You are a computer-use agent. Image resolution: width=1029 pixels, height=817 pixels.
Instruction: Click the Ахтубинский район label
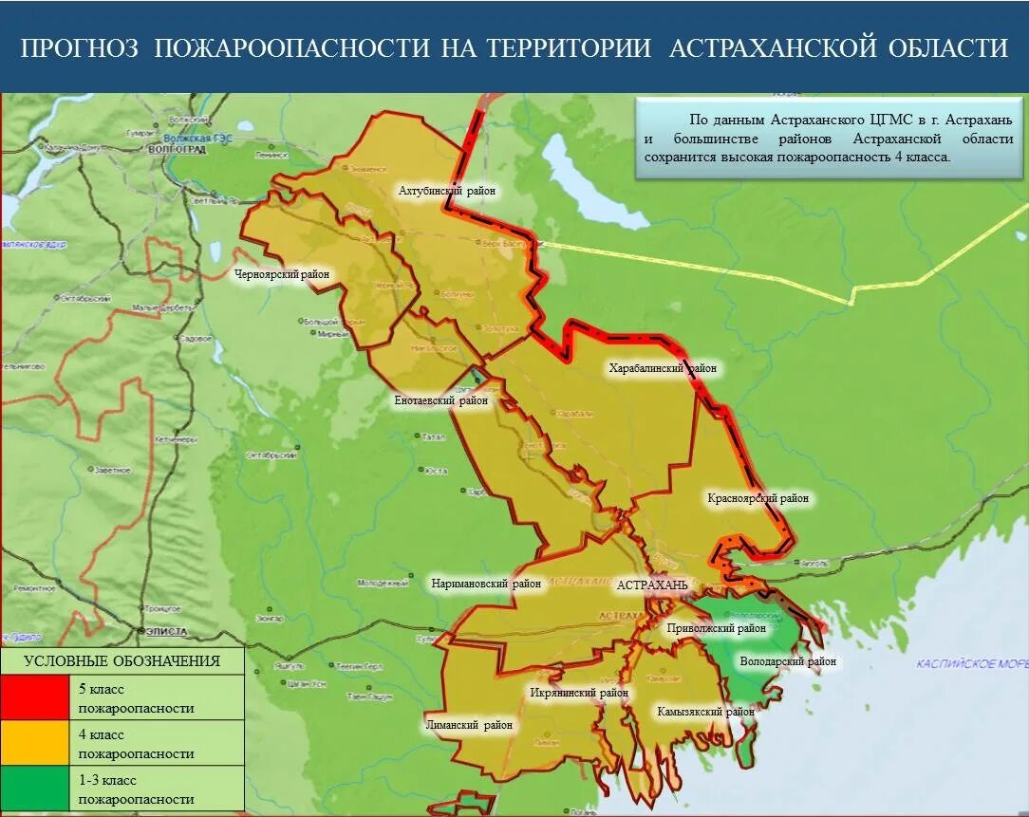coord(447,191)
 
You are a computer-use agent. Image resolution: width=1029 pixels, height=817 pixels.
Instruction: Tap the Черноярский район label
coord(282,274)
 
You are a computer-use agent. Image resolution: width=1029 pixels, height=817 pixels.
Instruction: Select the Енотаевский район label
coord(441,400)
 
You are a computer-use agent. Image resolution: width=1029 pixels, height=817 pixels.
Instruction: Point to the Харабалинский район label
coord(663,368)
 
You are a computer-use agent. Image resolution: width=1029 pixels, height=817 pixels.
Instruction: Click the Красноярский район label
coord(758,498)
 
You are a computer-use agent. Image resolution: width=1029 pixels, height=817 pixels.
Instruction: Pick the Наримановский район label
coord(486,584)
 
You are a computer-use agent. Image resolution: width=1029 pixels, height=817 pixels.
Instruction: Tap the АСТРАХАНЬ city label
coord(652,585)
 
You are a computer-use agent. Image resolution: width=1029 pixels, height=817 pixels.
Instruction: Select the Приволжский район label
coord(716,628)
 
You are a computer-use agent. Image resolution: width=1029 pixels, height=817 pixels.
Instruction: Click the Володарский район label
coord(787,661)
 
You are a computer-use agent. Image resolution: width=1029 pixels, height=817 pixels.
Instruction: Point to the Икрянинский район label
coord(579,693)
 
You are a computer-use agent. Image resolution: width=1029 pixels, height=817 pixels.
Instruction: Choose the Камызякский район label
coord(705,711)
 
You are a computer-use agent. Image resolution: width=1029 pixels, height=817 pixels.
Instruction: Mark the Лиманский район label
coord(469,725)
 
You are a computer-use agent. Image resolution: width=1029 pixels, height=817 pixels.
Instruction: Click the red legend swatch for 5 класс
coord(34,697)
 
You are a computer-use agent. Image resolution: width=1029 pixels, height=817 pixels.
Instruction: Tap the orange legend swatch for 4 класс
coord(34,743)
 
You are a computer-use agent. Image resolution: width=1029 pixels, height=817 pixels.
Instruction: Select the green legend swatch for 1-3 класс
coord(34,789)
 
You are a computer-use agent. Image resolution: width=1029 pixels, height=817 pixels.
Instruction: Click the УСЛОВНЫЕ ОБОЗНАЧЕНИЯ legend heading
coord(122,661)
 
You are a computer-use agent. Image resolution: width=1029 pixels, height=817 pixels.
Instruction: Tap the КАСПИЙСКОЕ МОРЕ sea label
coord(971,663)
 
